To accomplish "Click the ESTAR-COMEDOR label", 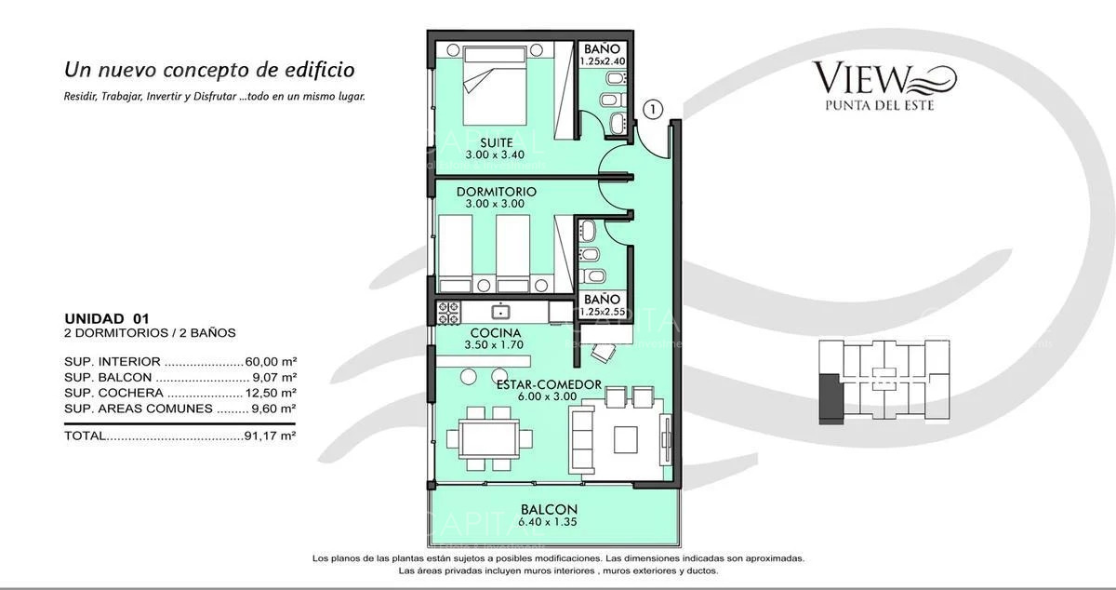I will pyautogui.click(x=548, y=384).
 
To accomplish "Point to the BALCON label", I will pyautogui.click(x=549, y=509).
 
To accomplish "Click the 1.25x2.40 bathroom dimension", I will pyautogui.click(x=604, y=61).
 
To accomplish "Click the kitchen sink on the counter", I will pyautogui.click(x=502, y=310).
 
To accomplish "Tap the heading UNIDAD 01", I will pyautogui.click(x=106, y=318).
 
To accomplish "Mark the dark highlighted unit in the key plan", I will pyautogui.click(x=828, y=396).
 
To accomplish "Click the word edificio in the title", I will pyautogui.click(x=312, y=70).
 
